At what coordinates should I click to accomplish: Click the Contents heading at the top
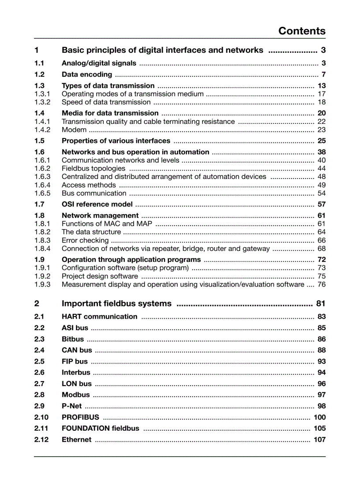coord(302,31)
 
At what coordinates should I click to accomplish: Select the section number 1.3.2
coord(42,102)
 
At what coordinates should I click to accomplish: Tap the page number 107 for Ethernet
coord(319,439)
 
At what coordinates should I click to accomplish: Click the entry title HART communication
coord(99,316)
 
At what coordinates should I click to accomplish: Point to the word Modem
coord(74,130)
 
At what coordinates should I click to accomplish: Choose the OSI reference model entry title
coord(97,204)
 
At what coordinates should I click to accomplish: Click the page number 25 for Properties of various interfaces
coord(322,141)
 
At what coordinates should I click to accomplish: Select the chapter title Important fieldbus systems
coord(116,303)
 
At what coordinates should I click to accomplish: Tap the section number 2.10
coord(41,417)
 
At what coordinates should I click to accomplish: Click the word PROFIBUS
coord(80,417)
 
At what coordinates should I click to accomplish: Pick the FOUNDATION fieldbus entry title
coord(100,428)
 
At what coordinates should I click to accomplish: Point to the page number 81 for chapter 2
coord(321,303)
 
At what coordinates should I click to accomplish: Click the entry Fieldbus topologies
coord(94,168)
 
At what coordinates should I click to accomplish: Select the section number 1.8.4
coord(42,249)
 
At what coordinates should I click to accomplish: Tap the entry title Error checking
coord(85,240)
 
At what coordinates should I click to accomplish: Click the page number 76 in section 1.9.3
coord(322,284)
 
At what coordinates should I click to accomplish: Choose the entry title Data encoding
coord(87,74)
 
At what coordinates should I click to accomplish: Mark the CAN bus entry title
coord(77,350)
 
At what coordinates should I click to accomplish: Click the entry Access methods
coord(89,185)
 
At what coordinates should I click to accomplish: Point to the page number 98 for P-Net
coord(322,406)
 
